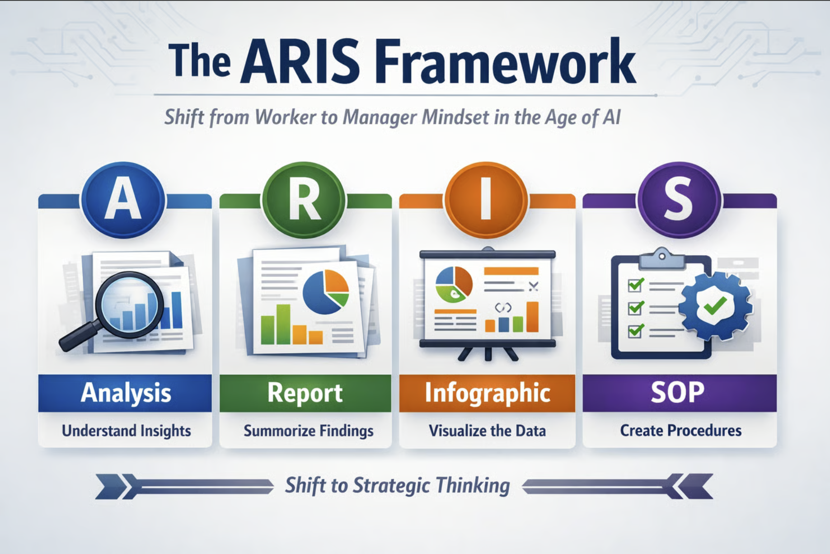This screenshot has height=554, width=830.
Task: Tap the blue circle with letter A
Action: pyautogui.click(x=123, y=199)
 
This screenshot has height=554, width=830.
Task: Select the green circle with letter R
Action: pyautogui.click(x=304, y=199)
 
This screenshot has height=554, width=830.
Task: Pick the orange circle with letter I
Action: pyautogui.click(x=486, y=199)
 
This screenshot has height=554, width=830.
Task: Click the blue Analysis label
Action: pyautogui.click(x=125, y=393)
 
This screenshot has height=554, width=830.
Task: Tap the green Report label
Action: pyautogui.click(x=305, y=393)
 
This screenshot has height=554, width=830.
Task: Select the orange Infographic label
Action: pyautogui.click(x=487, y=393)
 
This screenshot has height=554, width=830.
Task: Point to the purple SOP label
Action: pyautogui.click(x=679, y=393)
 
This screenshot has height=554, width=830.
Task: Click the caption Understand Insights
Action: pyautogui.click(x=127, y=431)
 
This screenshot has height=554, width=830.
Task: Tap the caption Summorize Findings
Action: pyautogui.click(x=309, y=431)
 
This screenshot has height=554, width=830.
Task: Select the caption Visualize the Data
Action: pyautogui.click(x=487, y=430)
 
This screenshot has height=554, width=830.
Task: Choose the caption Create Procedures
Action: pyautogui.click(x=680, y=430)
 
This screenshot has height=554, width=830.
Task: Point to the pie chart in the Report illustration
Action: pyautogui.click(x=326, y=292)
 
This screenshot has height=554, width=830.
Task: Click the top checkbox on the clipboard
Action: pyautogui.click(x=636, y=285)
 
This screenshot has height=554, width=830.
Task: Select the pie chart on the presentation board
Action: pyautogui.click(x=454, y=284)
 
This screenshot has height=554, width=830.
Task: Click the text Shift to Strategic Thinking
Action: pyautogui.click(x=398, y=486)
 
